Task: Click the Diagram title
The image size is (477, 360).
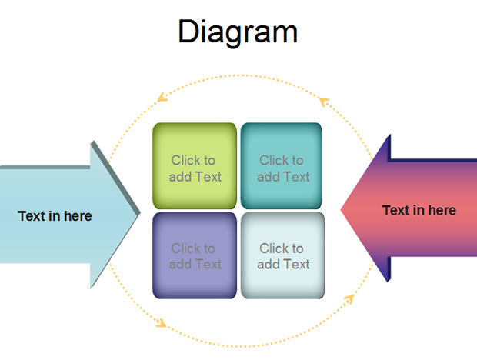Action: point(238,32)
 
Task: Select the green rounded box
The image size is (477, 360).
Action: point(195,165)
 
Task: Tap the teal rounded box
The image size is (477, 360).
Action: point(282,165)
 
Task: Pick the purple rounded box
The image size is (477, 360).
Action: point(195,255)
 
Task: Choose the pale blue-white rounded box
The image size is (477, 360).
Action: point(283,255)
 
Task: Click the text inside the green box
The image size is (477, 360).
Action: point(195,168)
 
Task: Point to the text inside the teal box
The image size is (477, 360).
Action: point(283,168)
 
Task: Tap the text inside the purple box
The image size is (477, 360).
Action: point(195,256)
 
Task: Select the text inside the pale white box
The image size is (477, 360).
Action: point(283,256)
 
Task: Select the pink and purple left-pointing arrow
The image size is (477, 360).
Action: point(409,208)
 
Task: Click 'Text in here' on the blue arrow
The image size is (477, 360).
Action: point(55,216)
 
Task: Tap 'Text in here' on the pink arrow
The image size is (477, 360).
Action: point(419,211)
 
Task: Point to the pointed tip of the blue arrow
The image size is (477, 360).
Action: point(140,213)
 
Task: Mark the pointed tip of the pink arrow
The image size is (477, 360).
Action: point(341,209)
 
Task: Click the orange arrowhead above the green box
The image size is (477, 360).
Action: point(162,97)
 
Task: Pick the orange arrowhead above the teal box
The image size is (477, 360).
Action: point(324,102)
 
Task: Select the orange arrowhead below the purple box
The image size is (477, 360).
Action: point(161,323)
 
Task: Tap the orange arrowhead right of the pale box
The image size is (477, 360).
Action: point(349,299)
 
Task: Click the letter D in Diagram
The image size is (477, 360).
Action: point(188,32)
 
